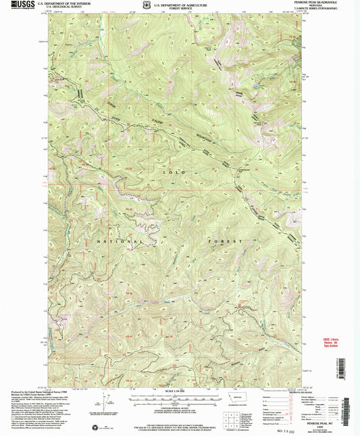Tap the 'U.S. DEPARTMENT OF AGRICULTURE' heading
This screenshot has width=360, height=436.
178,3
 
